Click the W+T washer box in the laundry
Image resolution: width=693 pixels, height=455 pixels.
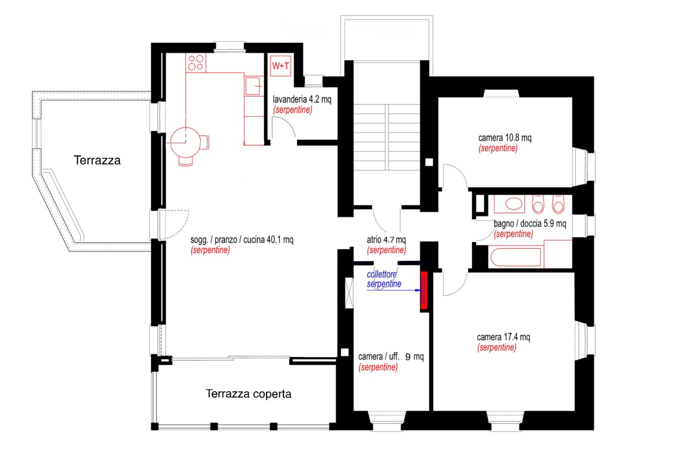click(280, 66)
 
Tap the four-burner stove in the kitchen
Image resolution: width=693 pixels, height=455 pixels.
click(196, 63)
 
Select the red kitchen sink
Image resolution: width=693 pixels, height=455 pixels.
click(253, 85)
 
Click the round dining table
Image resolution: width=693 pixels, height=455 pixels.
click(185, 142)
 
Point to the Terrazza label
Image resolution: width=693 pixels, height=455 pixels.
click(97, 160)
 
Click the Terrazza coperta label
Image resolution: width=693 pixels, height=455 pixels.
click(249, 394)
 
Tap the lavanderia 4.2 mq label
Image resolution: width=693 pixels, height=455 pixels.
click(302, 99)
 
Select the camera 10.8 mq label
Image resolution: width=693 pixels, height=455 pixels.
click(505, 138)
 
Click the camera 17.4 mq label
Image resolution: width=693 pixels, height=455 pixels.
click(504, 337)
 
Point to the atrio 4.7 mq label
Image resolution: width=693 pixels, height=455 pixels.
click(386, 240)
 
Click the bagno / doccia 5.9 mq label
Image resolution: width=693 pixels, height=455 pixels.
click(530, 223)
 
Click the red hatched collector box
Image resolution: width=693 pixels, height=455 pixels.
click(424, 291)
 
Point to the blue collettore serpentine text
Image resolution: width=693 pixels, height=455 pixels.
click(384, 279)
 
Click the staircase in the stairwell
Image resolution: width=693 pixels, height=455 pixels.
click(387, 137)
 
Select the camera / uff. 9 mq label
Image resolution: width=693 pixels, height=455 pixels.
click(391, 357)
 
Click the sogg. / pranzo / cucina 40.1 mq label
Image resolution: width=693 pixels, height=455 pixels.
click(242, 240)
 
